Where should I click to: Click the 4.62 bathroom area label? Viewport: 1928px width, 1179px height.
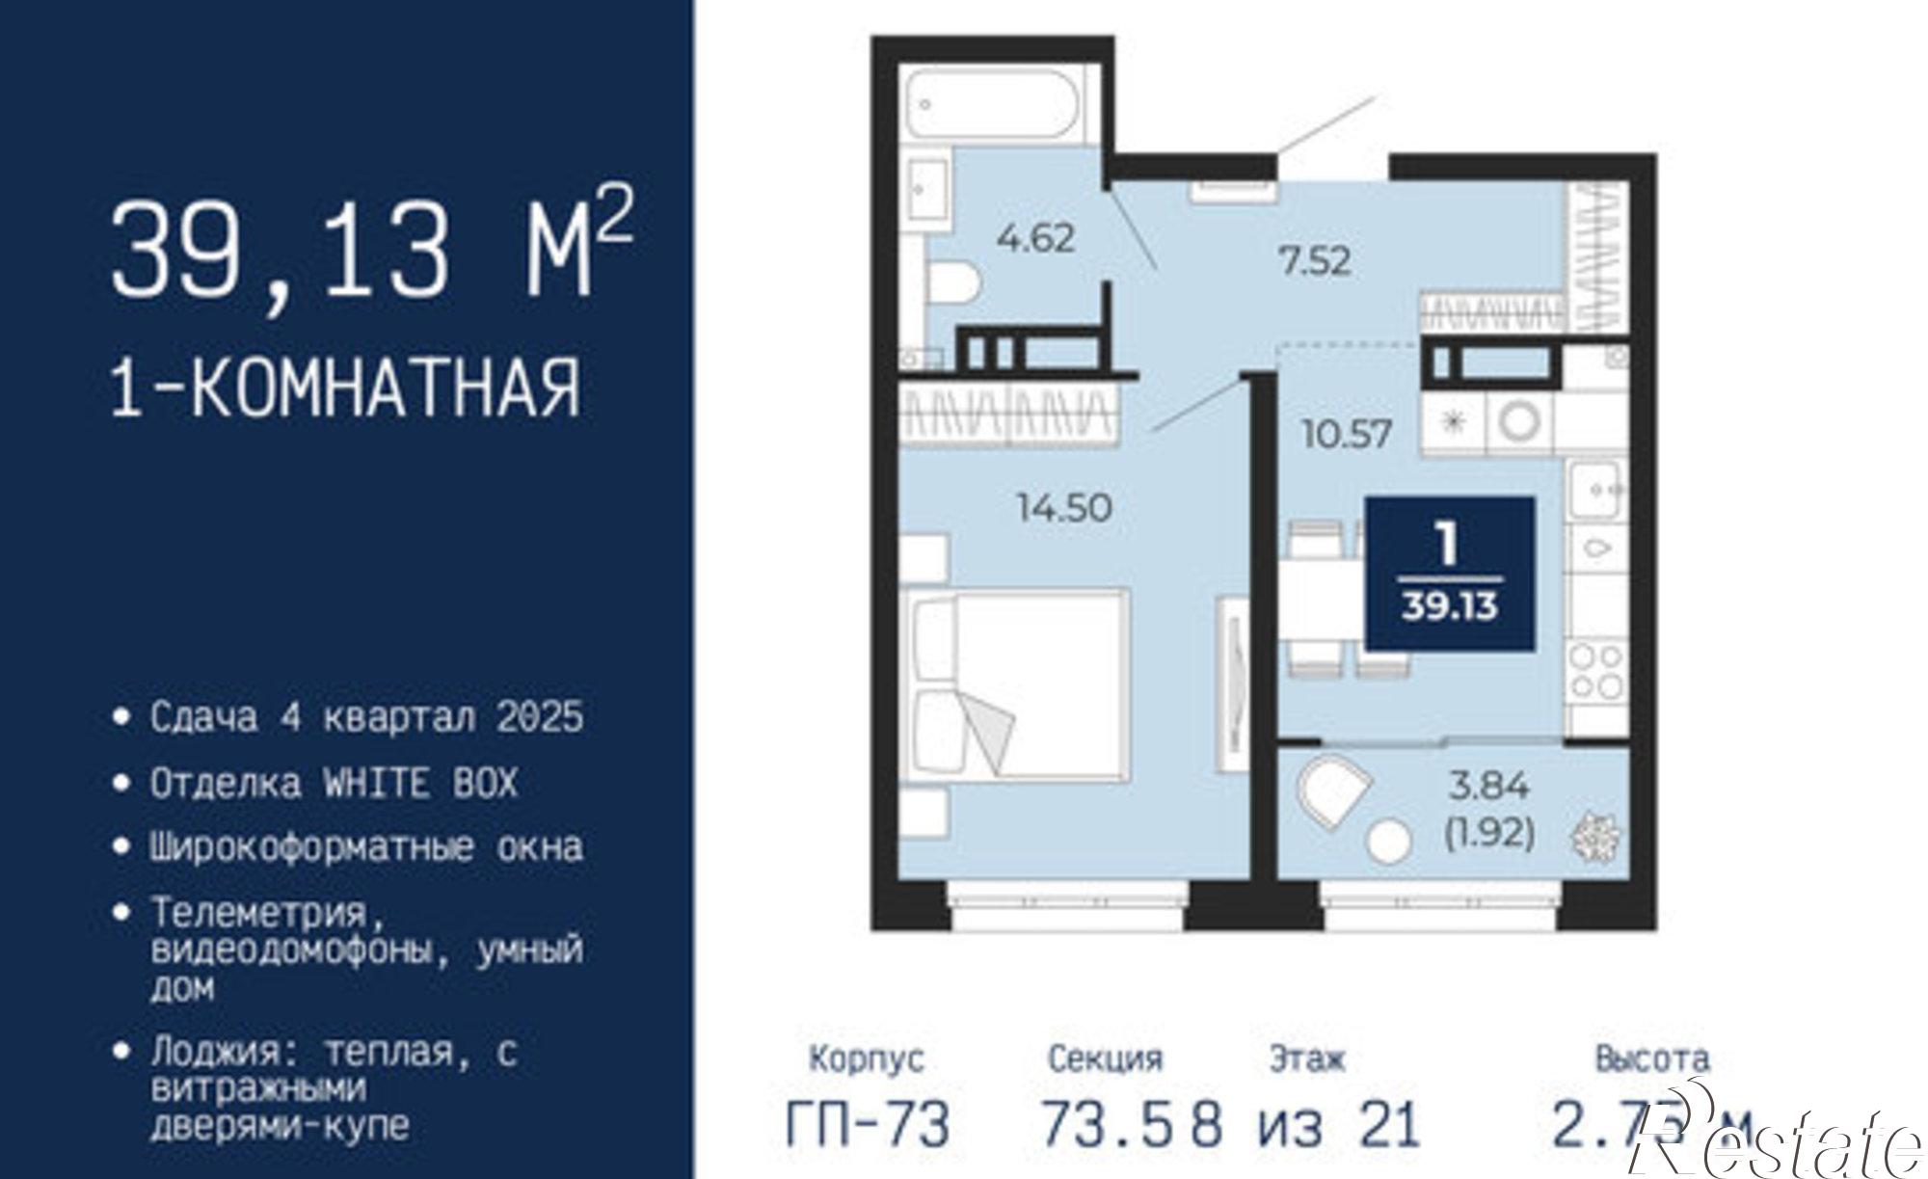(1035, 238)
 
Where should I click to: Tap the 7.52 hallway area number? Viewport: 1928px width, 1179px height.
(1315, 261)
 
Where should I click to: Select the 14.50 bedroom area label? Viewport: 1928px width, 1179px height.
(1064, 507)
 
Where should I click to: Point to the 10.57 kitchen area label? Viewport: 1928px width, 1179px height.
(1347, 434)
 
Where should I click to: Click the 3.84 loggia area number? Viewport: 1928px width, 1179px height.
(1489, 787)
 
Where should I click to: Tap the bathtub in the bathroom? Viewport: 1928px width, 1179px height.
(994, 104)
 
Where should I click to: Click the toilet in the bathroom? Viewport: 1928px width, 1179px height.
(953, 282)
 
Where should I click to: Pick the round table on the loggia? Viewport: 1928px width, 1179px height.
(1389, 841)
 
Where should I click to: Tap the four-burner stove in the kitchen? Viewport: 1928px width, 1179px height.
(1595, 672)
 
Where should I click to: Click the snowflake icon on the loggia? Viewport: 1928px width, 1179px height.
(1595, 836)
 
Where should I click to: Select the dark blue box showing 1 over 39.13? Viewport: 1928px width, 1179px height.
(1450, 574)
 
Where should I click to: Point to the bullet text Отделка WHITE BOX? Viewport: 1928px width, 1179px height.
(334, 783)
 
